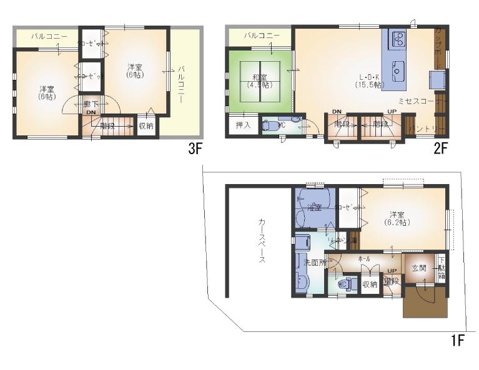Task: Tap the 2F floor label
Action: click(x=441, y=148)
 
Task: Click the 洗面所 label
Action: click(x=314, y=263)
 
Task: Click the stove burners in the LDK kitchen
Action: click(x=397, y=40)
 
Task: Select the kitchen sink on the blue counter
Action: click(x=397, y=71)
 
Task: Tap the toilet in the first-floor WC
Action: click(x=343, y=285)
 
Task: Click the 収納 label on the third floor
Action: click(x=146, y=126)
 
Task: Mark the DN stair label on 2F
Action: click(x=337, y=111)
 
